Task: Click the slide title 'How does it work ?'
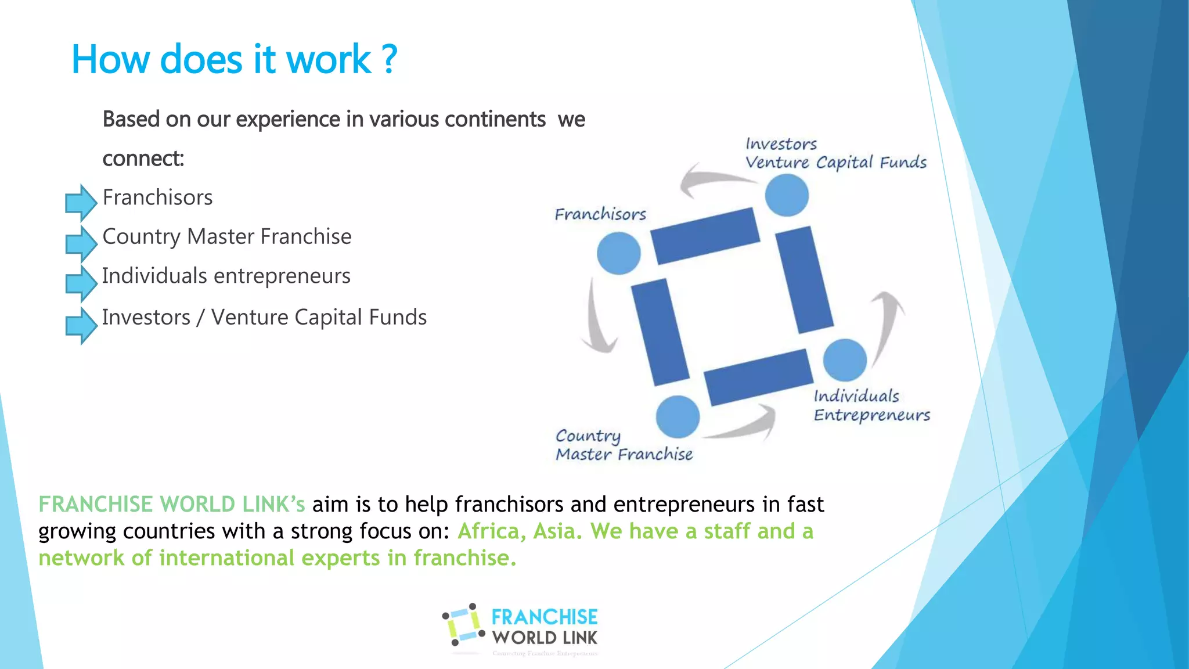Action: click(234, 60)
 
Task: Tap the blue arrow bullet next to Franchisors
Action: click(81, 203)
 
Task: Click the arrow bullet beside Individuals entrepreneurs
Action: click(81, 283)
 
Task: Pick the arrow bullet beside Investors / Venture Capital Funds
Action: click(81, 325)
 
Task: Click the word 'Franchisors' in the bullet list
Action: click(157, 198)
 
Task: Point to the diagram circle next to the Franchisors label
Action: click(618, 253)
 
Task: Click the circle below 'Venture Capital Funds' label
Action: click(787, 195)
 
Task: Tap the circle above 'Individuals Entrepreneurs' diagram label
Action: click(845, 360)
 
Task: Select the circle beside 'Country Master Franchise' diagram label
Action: click(678, 416)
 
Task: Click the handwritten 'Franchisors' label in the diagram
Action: click(600, 214)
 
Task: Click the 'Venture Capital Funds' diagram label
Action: click(835, 163)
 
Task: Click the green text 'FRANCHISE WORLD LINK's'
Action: click(171, 504)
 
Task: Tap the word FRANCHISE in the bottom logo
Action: click(544, 617)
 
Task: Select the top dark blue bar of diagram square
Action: click(705, 236)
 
